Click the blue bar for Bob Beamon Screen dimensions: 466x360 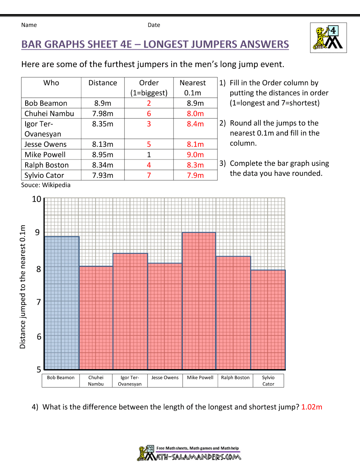pos(62,303)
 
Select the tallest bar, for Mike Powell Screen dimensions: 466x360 pos(199,301)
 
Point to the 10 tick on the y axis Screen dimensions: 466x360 pos(37,199)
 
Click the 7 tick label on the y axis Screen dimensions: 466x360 pos(39,302)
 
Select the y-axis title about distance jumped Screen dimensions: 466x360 pos(23,287)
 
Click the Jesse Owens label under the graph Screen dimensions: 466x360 pos(165,378)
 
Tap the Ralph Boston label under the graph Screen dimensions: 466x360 pos(235,378)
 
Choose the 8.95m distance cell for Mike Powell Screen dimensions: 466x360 pos(103,155)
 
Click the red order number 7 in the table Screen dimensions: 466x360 pos(149,175)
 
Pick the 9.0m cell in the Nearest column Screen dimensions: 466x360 pos(195,155)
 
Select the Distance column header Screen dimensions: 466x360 pos(103,83)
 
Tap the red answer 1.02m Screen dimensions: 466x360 pos(311,407)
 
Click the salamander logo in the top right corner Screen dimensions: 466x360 pos(328,38)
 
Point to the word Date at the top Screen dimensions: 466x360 pos(154,25)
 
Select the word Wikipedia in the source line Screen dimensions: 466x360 pos(56,185)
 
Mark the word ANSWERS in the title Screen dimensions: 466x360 pos(264,44)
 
